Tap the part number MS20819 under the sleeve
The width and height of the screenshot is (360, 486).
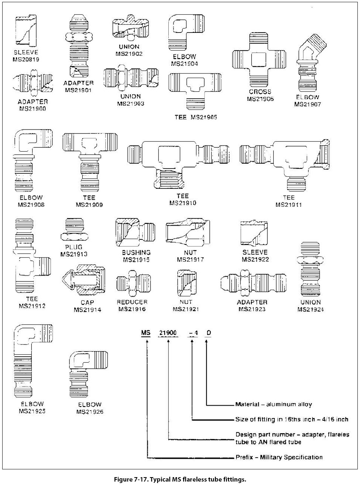coord(26,59)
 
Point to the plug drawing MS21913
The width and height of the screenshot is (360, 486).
coord(74,231)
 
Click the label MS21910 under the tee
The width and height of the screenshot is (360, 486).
coord(183,203)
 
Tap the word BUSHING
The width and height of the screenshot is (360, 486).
coord(136,252)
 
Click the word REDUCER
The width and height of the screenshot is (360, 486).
coord(132,302)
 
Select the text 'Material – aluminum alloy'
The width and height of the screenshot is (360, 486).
coord(274,404)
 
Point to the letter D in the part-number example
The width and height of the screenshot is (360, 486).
coord(209,333)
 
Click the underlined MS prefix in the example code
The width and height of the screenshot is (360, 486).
coord(146,333)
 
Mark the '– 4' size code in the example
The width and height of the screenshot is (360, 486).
coord(193,333)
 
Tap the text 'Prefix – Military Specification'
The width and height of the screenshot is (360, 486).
coord(279,457)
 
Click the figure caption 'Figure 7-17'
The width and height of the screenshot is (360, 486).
coord(180,480)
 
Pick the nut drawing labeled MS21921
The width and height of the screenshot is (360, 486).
coord(186,283)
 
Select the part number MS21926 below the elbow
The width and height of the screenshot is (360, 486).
coord(90,412)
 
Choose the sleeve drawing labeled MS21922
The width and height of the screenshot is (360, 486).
coord(254,234)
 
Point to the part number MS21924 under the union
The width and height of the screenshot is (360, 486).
coord(311,309)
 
